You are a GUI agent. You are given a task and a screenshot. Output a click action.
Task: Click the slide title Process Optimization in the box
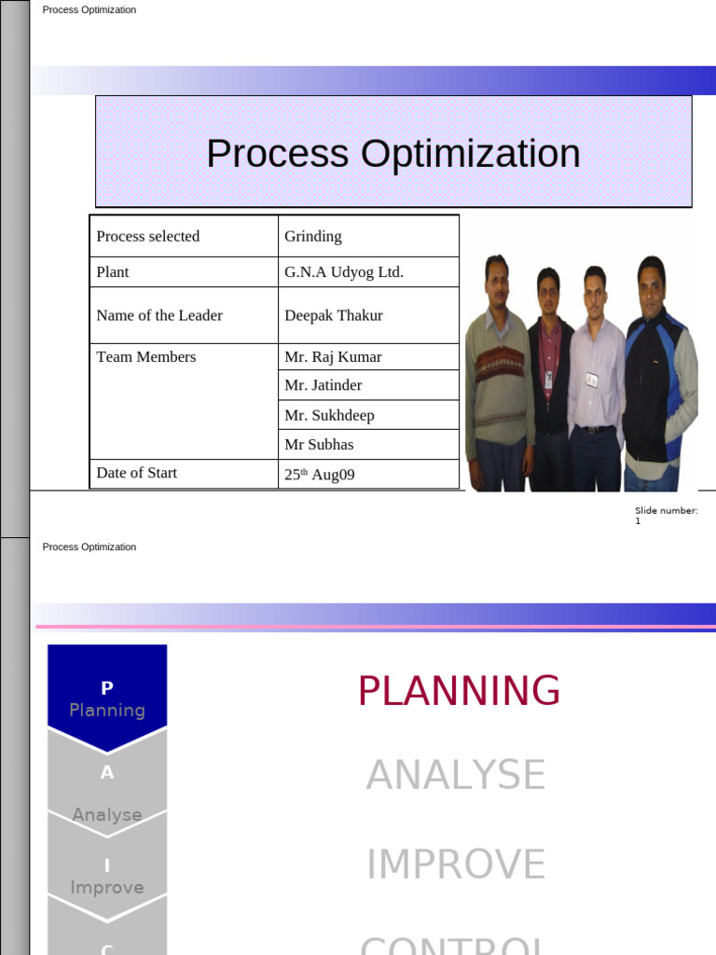tap(392, 154)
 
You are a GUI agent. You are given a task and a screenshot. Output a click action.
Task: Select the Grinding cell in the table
tap(313, 237)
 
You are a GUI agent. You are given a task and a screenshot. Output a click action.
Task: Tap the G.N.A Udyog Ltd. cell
tap(344, 272)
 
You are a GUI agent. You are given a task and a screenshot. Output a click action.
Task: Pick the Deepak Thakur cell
tap(334, 315)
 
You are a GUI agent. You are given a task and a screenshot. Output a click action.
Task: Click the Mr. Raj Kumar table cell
tap(333, 357)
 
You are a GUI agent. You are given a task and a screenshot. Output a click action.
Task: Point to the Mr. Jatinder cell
tap(324, 385)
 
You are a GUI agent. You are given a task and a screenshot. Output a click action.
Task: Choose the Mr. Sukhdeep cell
tap(329, 415)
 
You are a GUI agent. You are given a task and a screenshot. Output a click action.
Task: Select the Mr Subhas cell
tap(319, 445)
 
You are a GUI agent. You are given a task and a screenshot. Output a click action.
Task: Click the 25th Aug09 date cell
tap(320, 475)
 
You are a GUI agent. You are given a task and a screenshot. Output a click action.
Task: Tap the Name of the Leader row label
tap(159, 315)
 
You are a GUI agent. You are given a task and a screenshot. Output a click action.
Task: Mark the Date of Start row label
tap(137, 473)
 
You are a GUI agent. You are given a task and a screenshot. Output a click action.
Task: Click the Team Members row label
tap(146, 357)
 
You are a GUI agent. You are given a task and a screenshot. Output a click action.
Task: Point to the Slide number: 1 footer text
tap(666, 516)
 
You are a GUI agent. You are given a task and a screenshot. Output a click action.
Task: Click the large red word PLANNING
tap(459, 691)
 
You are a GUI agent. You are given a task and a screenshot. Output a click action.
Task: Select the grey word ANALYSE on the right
tap(456, 775)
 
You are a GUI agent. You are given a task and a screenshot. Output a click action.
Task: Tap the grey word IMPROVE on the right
tap(456, 865)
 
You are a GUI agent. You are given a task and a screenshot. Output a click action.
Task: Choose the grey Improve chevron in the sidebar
tap(107, 877)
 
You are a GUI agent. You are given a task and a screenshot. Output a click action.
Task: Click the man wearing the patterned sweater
tap(499, 373)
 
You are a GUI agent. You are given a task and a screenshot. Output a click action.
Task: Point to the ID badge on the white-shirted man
tap(592, 380)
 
